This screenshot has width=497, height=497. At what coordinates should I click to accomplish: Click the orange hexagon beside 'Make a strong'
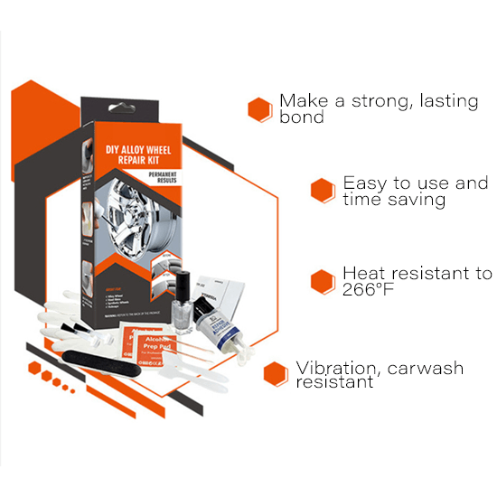[x=260, y=108]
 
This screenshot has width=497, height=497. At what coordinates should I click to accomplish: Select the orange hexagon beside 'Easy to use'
[x=323, y=190]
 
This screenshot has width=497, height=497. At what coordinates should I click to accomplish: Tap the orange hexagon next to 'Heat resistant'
[x=323, y=280]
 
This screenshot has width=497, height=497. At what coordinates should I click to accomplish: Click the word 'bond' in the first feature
[x=301, y=117]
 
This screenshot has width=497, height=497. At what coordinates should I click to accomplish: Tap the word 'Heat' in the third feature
[x=363, y=273]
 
